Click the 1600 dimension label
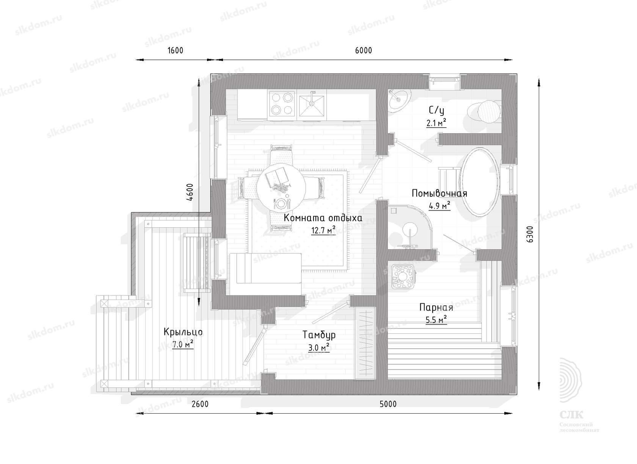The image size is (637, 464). coord(176,51)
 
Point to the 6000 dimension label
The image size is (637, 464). coord(363,51)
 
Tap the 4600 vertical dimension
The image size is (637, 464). coord(190,192)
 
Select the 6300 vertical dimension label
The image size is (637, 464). coord(529,234)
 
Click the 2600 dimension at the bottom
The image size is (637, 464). coord(200,404)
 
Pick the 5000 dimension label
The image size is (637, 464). coord(388,404)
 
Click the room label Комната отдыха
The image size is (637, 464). coord(323,218)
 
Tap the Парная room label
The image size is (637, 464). coord(436,308)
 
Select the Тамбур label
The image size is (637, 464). coord(319,335)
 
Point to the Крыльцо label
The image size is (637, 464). coord(183,332)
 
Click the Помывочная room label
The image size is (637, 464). coord(439,194)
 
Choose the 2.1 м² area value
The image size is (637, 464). coord(436,123)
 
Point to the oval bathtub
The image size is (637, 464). coord(480,181)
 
